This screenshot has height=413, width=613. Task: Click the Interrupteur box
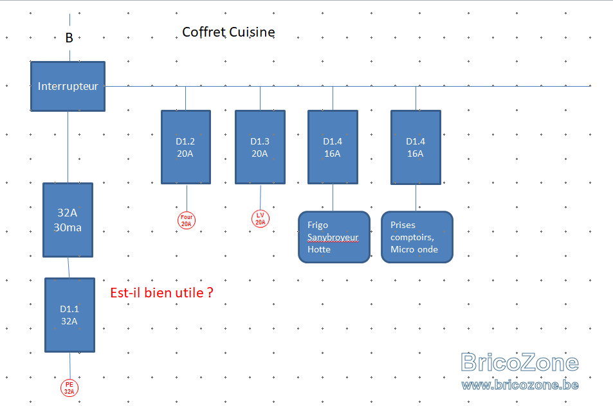(68, 86)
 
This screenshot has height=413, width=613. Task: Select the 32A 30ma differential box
(68, 220)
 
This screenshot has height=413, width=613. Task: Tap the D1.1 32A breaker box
(70, 315)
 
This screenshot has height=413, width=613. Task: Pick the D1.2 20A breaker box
(186, 147)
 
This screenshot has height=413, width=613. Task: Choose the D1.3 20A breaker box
(261, 147)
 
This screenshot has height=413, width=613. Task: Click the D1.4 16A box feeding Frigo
(333, 147)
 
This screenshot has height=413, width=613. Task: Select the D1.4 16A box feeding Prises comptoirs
(416, 147)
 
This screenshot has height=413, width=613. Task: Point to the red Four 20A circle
(187, 220)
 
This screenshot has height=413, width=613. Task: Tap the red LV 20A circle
(261, 218)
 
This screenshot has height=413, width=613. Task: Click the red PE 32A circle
(69, 388)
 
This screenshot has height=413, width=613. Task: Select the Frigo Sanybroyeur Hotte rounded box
(334, 237)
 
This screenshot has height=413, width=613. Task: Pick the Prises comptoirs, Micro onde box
(417, 237)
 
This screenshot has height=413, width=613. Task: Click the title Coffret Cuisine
(229, 32)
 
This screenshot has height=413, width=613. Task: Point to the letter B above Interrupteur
(69, 38)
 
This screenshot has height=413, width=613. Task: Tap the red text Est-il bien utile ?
(162, 293)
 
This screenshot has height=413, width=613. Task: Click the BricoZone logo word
(520, 363)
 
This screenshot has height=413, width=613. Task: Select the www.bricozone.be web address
(520, 385)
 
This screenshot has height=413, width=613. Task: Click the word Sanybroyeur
(333, 238)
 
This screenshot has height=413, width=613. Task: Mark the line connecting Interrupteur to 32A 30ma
(68, 147)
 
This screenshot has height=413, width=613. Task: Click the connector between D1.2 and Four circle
(187, 198)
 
